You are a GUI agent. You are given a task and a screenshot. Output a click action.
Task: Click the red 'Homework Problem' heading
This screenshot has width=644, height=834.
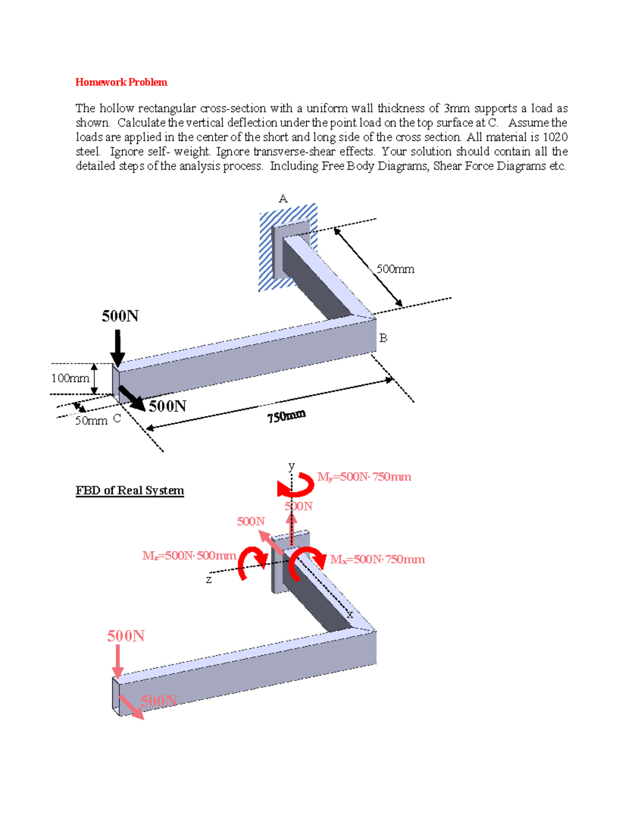(x=121, y=82)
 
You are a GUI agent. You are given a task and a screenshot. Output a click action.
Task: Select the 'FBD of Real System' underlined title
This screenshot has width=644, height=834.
(x=129, y=490)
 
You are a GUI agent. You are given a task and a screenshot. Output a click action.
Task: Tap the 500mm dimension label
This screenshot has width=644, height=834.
(x=396, y=269)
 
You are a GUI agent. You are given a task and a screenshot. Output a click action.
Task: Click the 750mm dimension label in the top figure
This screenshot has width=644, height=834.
(x=287, y=416)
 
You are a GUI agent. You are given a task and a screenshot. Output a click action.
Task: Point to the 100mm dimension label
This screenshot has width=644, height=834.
(x=70, y=378)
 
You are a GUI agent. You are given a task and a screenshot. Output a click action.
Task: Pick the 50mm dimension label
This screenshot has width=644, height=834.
(x=91, y=420)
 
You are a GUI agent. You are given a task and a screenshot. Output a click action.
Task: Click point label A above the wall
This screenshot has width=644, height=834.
(x=283, y=199)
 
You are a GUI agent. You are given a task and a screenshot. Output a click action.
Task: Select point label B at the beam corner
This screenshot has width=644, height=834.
(x=383, y=338)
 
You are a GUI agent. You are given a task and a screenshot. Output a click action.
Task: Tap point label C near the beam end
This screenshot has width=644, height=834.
(x=117, y=418)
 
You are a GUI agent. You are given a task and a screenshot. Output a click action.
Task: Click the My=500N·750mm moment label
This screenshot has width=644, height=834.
(x=364, y=477)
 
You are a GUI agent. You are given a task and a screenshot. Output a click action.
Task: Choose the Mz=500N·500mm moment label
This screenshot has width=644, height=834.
(x=189, y=555)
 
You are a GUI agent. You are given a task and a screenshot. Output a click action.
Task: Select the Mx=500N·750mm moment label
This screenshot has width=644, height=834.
(x=377, y=560)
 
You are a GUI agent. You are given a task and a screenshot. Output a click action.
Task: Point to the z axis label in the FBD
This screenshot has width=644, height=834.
(x=209, y=579)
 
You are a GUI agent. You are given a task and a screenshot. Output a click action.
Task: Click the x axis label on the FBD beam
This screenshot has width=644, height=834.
(x=350, y=614)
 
